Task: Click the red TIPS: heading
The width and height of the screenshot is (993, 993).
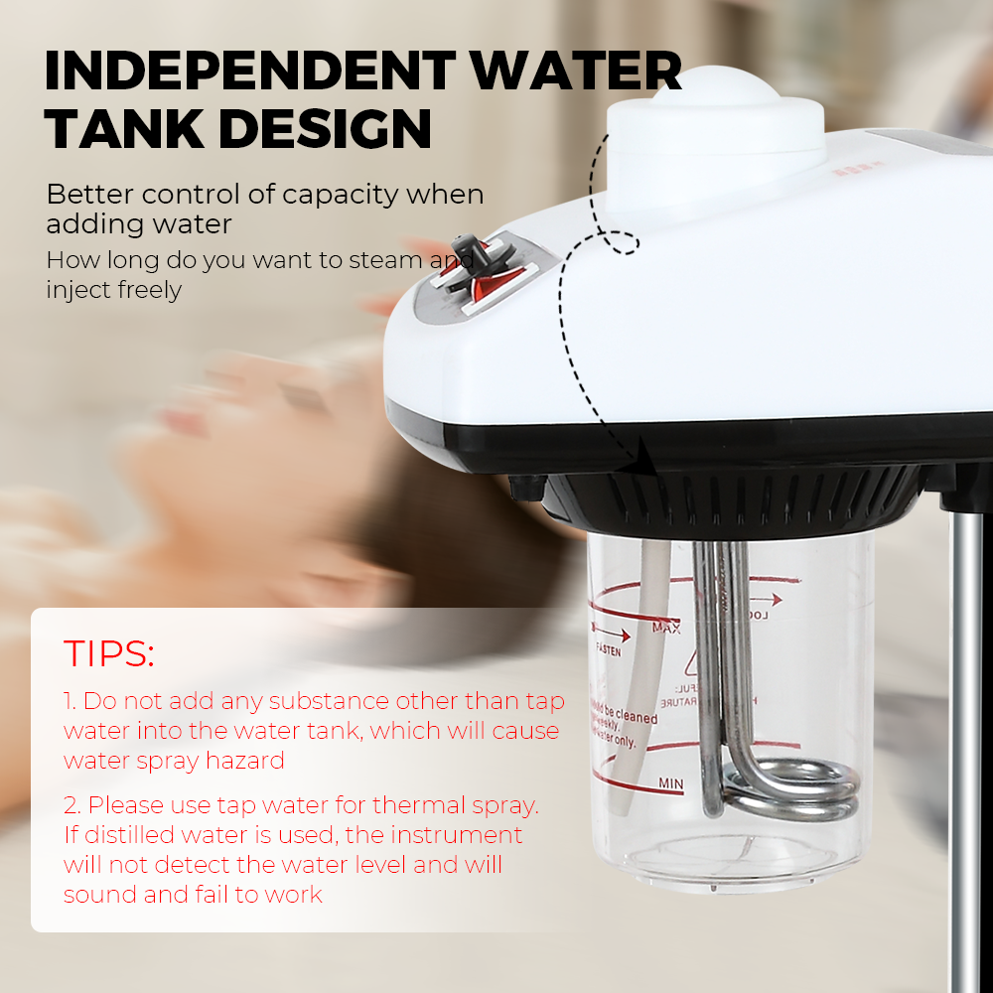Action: point(109,653)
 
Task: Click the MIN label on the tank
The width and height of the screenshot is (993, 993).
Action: point(671,784)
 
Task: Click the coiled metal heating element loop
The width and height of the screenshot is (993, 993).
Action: point(794,789)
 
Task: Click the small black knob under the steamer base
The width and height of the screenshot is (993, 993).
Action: point(524,487)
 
